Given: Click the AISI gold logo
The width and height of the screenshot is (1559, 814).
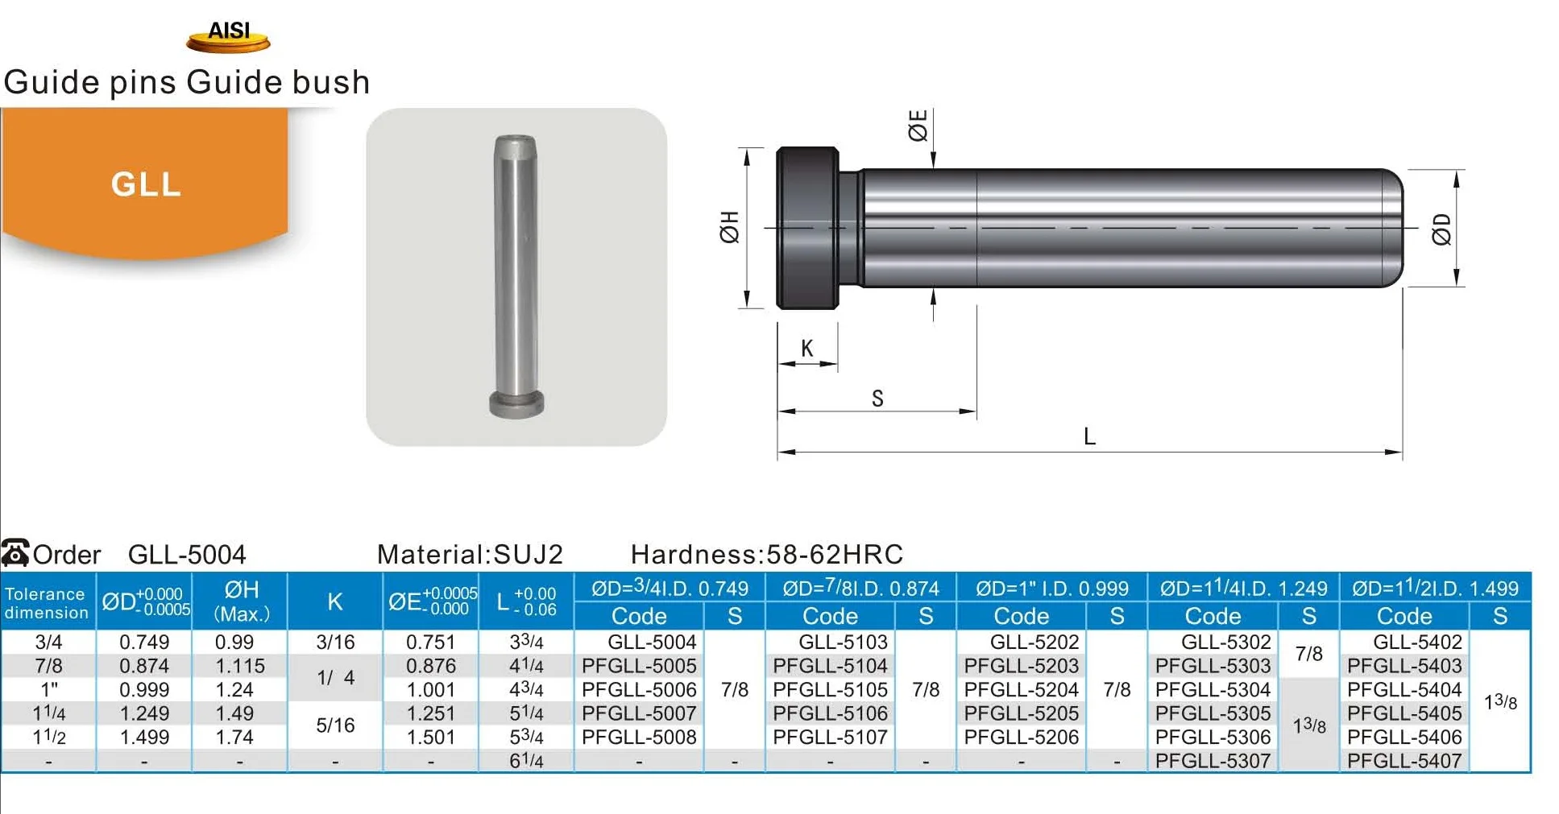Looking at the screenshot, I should tap(228, 36).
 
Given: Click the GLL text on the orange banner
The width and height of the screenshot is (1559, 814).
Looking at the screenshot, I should tap(146, 184).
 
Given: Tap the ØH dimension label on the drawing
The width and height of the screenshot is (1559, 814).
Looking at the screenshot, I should tap(729, 227).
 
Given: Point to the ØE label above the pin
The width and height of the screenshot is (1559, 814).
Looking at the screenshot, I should tap(918, 126).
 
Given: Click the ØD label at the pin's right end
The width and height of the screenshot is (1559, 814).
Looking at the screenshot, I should tap(1441, 229).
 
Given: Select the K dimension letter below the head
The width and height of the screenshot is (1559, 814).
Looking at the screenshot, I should tap(807, 348).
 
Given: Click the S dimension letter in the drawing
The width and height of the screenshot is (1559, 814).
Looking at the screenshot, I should tap(877, 398).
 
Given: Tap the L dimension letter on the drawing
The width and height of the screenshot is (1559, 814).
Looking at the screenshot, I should tap(1089, 436).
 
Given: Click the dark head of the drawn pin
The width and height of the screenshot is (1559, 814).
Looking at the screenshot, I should tap(807, 228).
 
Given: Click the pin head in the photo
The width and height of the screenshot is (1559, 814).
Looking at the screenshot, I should tap(516, 404).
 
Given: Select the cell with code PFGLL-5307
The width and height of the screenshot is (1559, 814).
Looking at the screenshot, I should tap(1212, 760).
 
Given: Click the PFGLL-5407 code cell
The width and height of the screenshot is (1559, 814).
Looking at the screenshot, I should tap(1404, 760).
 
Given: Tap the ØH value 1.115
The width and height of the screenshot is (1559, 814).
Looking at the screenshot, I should tap(239, 666).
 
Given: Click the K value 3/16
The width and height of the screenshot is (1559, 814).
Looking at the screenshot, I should tap(335, 642).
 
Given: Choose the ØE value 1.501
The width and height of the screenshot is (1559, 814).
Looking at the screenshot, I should tap(430, 737).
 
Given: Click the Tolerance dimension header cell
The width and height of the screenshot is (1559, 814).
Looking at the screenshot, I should tap(47, 602).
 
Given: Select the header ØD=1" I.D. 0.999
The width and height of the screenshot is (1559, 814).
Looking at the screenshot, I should tap(1051, 589).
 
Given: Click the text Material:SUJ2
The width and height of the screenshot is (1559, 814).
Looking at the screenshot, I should tap(470, 554).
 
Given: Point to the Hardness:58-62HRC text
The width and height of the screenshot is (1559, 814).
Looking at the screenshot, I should tap(766, 554).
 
